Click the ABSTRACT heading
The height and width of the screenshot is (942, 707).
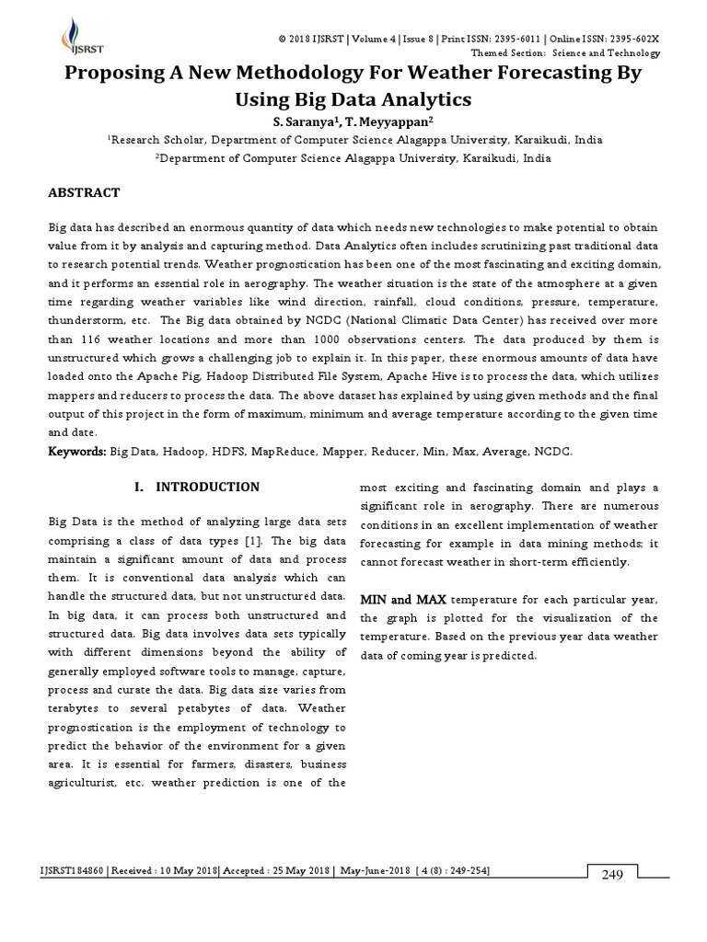pos(84,192)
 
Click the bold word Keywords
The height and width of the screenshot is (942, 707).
pos(76,452)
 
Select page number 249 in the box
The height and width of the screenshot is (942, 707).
pos(613,874)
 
